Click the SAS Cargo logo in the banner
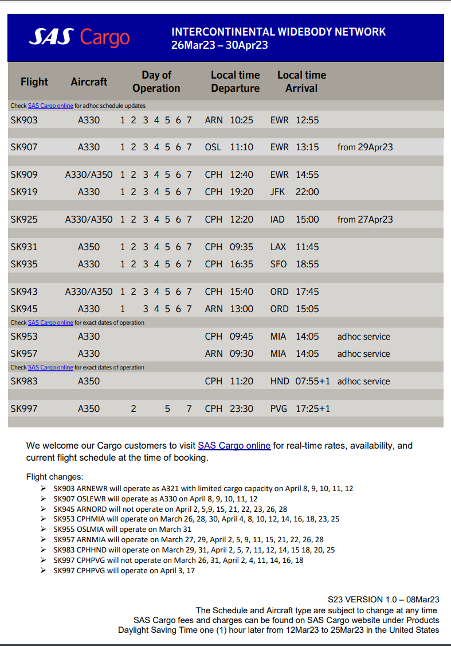coord(80,37)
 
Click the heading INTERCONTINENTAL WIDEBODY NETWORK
coord(279,32)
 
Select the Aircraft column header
coord(89,82)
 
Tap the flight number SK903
coord(24,120)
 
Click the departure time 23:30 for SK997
coord(241,408)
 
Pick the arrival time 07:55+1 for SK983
coord(313,381)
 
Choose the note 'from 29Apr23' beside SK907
coord(365,147)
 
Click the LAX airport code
coord(279,247)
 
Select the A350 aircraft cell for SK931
coord(89,247)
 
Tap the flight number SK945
coord(24,309)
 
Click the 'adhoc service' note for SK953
coord(363,336)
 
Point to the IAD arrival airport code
coord(278,219)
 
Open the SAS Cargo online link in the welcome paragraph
coord(234,445)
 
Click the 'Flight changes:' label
coord(54,476)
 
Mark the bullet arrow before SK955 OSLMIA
coord(44,529)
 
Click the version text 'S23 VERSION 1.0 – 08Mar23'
coord(383,599)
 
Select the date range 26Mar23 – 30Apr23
coord(219,45)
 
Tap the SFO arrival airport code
coord(279,264)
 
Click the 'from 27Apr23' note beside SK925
coord(365,219)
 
